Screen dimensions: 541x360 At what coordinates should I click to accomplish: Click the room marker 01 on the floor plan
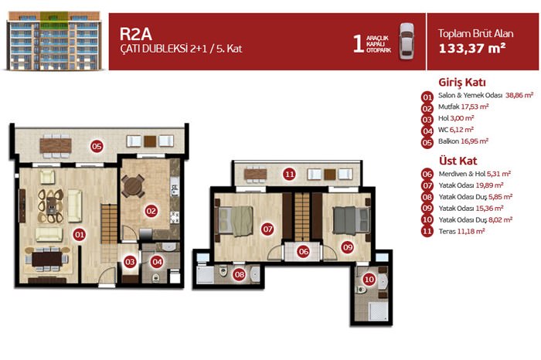(80, 235)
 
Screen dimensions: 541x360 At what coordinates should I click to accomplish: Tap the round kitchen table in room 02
(133, 186)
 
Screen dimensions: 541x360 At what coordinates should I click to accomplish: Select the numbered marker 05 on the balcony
(97, 147)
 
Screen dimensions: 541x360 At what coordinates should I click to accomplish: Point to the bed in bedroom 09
(350, 221)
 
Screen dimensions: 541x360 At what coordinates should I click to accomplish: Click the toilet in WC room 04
(156, 277)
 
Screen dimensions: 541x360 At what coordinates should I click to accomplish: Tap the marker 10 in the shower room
(369, 280)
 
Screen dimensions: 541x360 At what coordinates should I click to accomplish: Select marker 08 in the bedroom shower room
(239, 274)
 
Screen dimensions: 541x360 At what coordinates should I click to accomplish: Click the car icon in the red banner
(407, 42)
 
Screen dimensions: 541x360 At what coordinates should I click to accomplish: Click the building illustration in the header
(54, 41)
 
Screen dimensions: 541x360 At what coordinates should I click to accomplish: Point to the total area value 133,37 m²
(472, 48)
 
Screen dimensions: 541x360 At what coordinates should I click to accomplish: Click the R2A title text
(136, 34)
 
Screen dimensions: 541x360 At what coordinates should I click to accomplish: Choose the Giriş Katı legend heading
(462, 83)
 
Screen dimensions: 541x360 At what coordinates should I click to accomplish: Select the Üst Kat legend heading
(458, 161)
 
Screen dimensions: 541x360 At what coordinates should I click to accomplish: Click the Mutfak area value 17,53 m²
(475, 107)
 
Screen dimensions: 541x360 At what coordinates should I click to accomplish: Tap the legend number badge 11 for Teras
(427, 231)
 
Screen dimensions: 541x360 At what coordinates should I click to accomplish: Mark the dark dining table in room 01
(47, 259)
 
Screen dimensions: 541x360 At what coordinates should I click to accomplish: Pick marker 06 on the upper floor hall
(303, 252)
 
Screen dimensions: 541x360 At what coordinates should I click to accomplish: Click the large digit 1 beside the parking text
(359, 43)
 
